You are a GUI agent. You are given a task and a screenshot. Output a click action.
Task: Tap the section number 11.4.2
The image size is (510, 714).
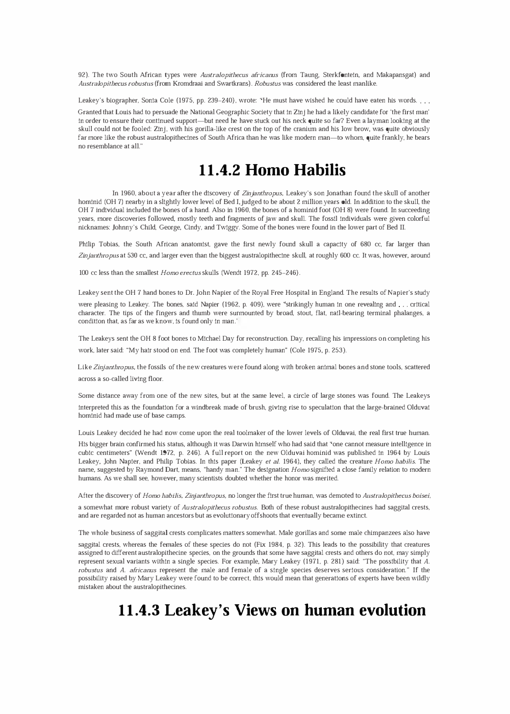click(220, 170)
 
